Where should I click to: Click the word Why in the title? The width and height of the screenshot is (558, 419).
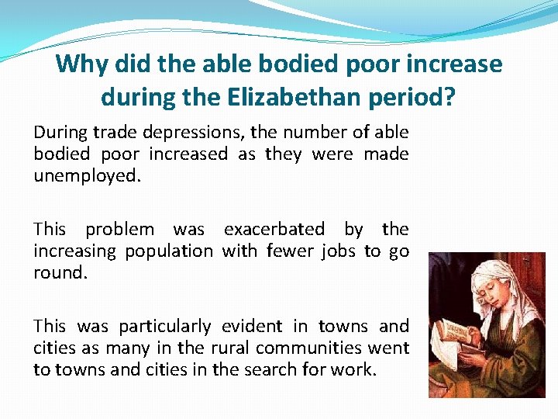80,64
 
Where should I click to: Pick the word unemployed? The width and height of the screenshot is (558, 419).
88,176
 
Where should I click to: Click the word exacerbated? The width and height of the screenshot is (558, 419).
274,229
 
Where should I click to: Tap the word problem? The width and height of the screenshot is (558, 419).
119,229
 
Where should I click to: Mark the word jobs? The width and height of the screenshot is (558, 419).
339,251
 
